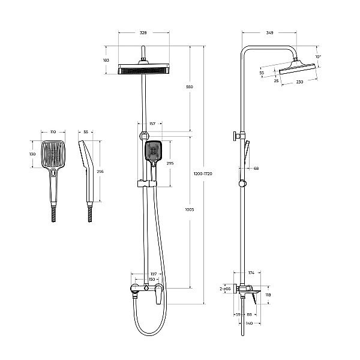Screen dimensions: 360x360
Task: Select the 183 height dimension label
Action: pyautogui.click(x=107, y=60)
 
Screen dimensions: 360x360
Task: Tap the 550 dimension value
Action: pyautogui.click(x=190, y=87)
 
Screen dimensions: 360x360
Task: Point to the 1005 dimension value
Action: pyautogui.click(x=190, y=209)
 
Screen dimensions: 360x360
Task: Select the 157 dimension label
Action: pyautogui.click(x=152, y=124)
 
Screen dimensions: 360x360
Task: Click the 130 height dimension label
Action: pyautogui.click(x=32, y=154)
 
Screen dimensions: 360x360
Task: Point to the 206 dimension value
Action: pyautogui.click(x=100, y=172)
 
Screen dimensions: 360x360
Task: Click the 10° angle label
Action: pyautogui.click(x=318, y=56)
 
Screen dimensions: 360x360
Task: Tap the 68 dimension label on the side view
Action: pyautogui.click(x=256, y=169)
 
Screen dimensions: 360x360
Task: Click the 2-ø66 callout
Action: pyautogui.click(x=225, y=289)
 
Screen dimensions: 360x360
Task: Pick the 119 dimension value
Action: pyautogui.click(x=269, y=295)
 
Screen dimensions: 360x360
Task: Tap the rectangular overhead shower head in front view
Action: pyautogui.click(x=144, y=70)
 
